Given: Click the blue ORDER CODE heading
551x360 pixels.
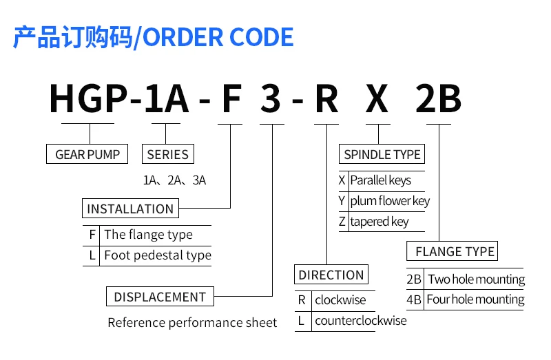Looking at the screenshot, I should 153,36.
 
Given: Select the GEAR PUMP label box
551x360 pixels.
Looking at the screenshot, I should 87,154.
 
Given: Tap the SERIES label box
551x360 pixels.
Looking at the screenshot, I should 167,154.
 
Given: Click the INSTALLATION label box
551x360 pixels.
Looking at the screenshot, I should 130,209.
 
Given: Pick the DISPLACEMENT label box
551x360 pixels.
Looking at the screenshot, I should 160,297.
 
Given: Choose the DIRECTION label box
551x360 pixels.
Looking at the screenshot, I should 331,275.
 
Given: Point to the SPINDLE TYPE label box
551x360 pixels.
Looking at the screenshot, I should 382,154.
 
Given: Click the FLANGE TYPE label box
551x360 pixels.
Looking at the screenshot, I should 455,251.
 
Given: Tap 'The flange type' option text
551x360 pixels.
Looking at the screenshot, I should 148,235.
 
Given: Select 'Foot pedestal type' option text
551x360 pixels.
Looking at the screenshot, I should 158,255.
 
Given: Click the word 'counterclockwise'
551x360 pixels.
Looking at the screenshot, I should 360,321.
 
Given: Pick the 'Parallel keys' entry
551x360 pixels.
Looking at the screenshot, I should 380,180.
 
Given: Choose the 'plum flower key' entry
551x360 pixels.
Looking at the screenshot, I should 390,201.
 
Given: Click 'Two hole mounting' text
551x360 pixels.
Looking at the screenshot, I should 476,279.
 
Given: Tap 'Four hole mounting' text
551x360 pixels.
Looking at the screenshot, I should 475,299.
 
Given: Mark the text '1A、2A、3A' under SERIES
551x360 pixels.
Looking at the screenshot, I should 174,181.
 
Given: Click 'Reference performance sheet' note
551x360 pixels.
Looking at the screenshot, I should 192,322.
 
